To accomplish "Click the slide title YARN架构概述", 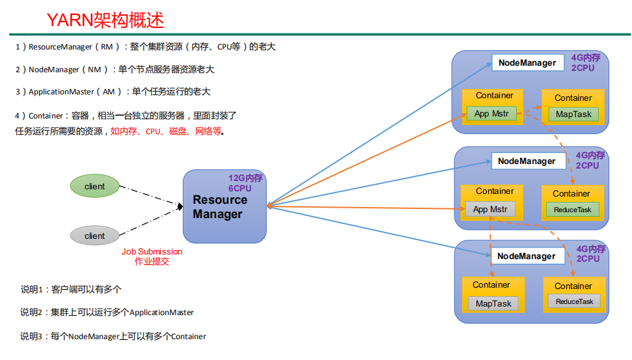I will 105,20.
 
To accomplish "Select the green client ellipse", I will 94,187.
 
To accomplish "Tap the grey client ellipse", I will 94,236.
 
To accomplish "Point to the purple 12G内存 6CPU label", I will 245,183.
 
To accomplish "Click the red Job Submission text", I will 152,251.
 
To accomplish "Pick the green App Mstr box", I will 491,114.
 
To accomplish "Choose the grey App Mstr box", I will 489,210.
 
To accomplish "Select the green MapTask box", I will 573,115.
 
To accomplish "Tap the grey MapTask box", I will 493,303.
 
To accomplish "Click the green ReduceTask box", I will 572,210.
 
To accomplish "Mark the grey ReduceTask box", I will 574,301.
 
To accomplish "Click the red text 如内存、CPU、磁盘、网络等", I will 167,131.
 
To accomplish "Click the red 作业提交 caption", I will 152,261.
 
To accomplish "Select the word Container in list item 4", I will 46,115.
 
